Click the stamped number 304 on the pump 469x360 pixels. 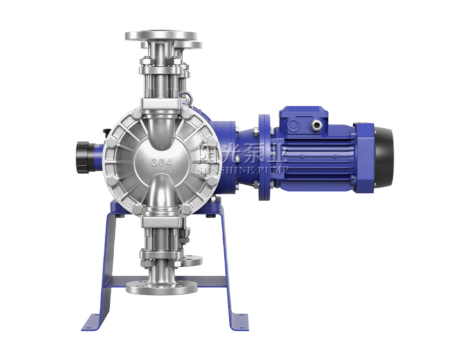pyautogui.click(x=162, y=162)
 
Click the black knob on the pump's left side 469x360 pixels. pyautogui.click(x=84, y=157)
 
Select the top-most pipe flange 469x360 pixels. pyautogui.click(x=161, y=35)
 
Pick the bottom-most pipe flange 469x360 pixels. pyautogui.click(x=162, y=288)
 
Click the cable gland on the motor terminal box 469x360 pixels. pyautogui.click(x=315, y=124)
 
